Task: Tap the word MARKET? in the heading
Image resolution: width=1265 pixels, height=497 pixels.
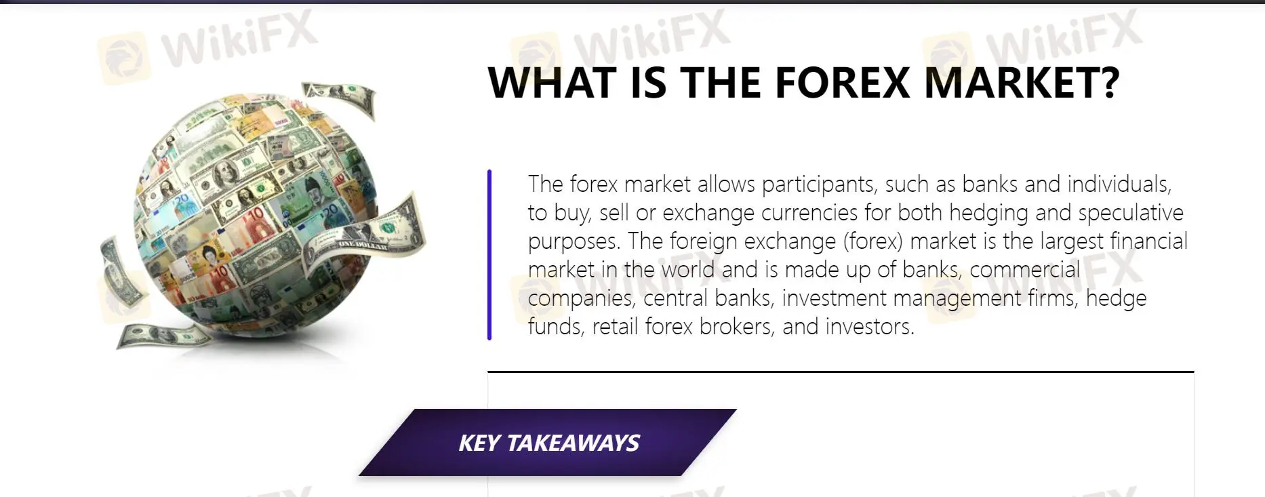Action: (x=1022, y=83)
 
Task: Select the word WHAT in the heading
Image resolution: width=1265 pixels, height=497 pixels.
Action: (x=548, y=83)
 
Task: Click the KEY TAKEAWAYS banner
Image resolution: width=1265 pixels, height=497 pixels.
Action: (x=548, y=443)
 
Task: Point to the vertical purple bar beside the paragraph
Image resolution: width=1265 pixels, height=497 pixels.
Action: (x=489, y=254)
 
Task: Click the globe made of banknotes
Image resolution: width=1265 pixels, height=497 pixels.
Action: (x=258, y=217)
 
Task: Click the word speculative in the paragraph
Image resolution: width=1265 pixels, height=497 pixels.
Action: (x=1131, y=213)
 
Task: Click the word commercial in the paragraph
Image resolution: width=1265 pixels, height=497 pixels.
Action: (x=1024, y=270)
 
